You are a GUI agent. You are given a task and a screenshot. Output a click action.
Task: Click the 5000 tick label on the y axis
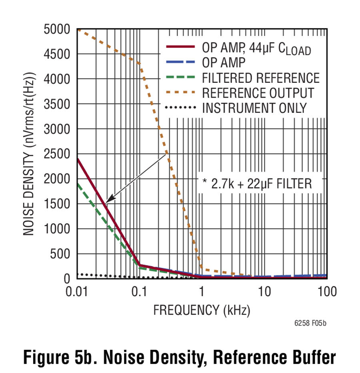[57, 30]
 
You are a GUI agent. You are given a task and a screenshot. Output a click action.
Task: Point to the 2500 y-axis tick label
[57, 154]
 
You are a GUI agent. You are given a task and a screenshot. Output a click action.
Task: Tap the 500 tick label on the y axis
[60, 254]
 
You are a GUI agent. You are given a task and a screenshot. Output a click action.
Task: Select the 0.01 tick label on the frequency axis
[76, 291]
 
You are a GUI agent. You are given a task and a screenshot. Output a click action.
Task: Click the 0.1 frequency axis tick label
[139, 291]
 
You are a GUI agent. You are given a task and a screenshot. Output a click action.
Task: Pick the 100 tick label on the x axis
[327, 291]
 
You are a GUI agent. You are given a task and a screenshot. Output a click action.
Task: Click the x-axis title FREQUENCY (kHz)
[202, 310]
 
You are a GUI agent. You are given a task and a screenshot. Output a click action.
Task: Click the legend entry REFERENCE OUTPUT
[258, 93]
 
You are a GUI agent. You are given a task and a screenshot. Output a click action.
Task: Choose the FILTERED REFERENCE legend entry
[261, 78]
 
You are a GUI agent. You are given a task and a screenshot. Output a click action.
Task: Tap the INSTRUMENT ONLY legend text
[254, 108]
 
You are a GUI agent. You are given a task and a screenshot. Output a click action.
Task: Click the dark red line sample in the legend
[180, 46]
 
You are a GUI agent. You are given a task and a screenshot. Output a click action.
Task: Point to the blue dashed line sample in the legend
[180, 62]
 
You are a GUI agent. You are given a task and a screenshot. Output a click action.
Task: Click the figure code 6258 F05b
[310, 323]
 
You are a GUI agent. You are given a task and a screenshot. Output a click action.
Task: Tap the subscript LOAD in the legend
[298, 51]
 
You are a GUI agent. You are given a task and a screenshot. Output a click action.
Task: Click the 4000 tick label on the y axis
[57, 79]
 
